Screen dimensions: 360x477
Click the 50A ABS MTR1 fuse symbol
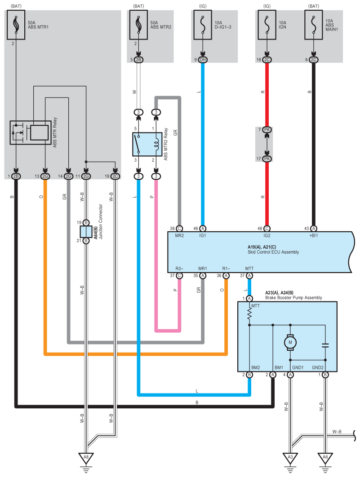coord(16,25)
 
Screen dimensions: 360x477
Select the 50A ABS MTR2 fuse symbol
coord(138,25)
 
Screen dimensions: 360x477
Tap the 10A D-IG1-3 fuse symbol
coord(203,25)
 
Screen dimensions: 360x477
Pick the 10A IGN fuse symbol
coord(267,25)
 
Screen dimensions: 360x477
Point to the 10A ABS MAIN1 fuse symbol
coord(314,25)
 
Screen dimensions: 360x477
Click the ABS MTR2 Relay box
coord(147,144)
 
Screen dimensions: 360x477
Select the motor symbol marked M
coord(290,342)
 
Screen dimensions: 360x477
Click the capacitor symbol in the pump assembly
coord(325,345)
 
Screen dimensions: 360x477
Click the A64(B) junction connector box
coord(86,232)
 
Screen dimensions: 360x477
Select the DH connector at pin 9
coord(203,60)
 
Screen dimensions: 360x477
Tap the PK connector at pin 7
coord(267,130)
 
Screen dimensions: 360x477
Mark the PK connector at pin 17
coord(267,159)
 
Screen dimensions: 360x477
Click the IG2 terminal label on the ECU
coord(267,235)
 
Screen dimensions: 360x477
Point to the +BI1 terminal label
coord(313,235)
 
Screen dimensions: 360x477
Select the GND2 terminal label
coord(318,367)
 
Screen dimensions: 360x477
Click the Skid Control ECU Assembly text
coord(273,252)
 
